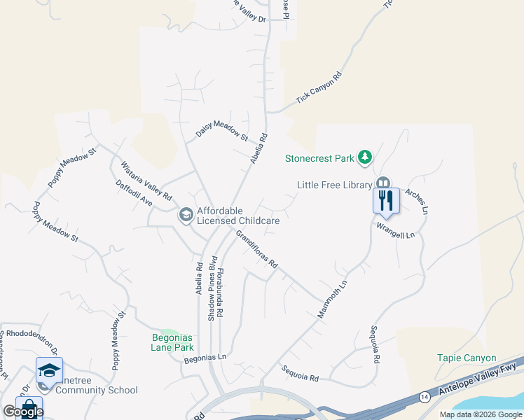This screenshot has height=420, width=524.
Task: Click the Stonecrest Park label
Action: pos(319,158)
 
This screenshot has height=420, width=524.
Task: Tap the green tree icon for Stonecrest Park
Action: pos(364,157)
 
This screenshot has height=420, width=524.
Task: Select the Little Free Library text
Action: pos(334,185)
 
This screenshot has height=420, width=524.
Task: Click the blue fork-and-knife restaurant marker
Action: pos(386,200)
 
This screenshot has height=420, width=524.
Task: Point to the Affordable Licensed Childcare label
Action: pos(238,216)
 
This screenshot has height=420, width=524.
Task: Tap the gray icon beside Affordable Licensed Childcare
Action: pos(186,214)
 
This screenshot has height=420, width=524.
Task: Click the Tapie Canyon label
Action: pos(466,358)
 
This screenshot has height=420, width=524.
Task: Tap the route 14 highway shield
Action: pos(425,396)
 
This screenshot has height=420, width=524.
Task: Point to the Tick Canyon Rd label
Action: pos(319,88)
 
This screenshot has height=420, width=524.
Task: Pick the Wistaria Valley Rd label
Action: pos(146,182)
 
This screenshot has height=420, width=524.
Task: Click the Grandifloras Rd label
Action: pos(257,250)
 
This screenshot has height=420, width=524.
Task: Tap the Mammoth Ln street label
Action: pos(333,299)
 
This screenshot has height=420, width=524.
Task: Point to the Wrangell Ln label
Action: pos(396,230)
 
